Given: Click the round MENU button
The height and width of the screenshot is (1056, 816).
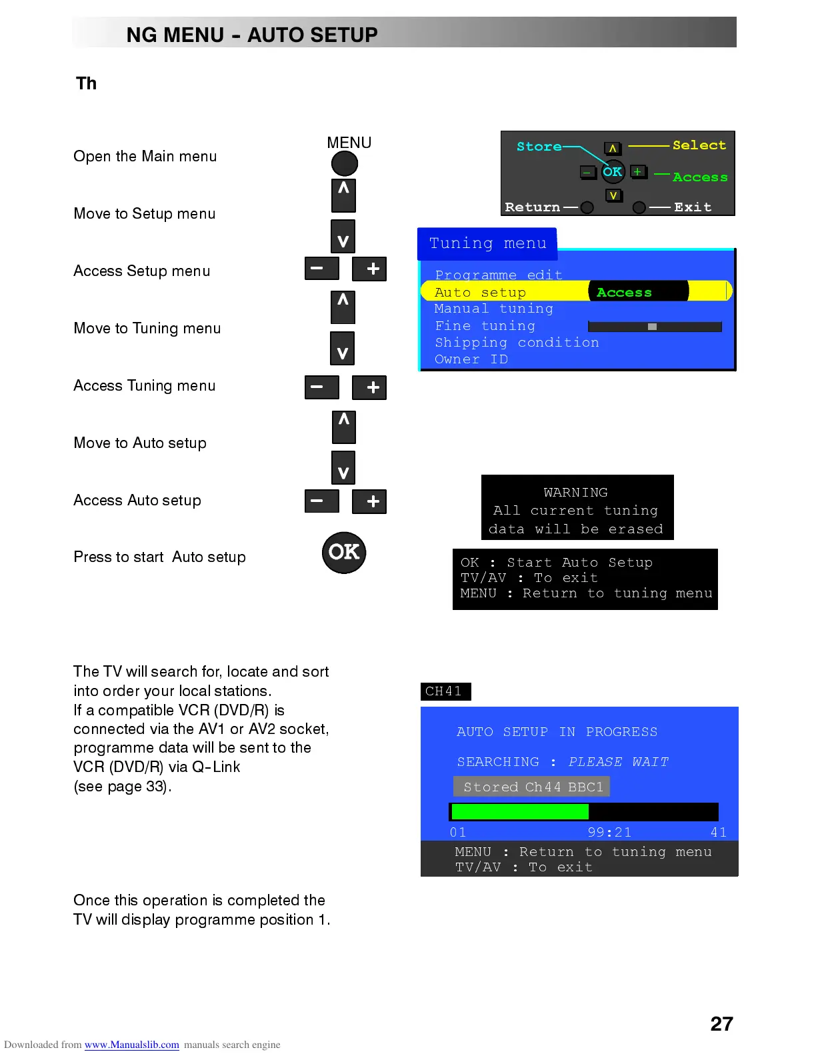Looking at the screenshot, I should click(345, 163).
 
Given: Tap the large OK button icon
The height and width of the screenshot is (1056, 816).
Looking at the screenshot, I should click(344, 553).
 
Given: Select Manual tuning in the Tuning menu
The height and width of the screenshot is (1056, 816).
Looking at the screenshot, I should click(493, 309).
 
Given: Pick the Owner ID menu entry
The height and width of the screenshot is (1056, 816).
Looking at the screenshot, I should click(471, 359).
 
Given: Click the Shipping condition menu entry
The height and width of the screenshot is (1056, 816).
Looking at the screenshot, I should click(517, 343).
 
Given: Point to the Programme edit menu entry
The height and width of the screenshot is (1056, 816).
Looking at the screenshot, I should click(499, 275).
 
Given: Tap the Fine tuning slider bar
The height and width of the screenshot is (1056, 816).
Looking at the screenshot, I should click(655, 327).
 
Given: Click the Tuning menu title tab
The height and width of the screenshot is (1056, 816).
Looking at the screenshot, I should click(487, 243).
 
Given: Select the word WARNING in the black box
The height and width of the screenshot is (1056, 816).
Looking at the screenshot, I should click(575, 493).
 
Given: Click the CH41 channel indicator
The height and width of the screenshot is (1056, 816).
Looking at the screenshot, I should click(445, 691).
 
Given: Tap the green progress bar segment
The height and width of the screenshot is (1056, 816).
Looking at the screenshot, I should click(520, 811).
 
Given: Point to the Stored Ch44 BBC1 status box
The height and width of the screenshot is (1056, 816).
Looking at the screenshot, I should click(532, 787).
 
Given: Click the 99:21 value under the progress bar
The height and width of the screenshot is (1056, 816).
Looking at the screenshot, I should click(609, 832).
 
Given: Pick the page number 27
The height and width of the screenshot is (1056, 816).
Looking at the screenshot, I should click(721, 1024).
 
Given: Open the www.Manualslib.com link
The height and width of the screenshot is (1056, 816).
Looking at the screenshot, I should click(131, 1045).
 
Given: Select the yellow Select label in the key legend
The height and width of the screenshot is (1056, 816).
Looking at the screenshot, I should click(699, 145).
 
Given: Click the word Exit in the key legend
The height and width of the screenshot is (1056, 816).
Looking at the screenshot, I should click(693, 207).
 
